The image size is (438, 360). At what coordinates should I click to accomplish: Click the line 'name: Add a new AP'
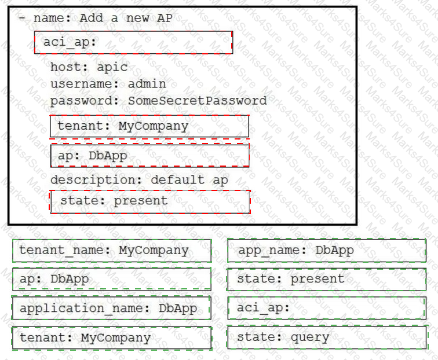click(103, 18)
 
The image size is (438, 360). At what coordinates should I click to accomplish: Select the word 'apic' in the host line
click(112, 67)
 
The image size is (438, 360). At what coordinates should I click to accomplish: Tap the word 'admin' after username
click(147, 84)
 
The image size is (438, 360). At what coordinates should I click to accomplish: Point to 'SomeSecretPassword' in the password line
click(197, 101)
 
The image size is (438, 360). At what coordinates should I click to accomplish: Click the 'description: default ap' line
click(139, 180)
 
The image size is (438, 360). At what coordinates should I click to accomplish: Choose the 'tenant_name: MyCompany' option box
click(112, 251)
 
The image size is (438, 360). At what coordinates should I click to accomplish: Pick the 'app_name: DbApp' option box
click(327, 251)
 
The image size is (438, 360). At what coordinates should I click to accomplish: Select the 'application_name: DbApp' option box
click(111, 308)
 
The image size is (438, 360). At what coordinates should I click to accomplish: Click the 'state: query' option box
click(327, 337)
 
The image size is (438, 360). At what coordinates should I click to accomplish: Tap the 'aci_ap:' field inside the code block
click(133, 42)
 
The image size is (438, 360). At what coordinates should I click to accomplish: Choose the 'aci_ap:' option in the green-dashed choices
click(327, 308)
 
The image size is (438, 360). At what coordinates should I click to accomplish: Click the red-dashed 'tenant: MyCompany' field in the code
click(149, 126)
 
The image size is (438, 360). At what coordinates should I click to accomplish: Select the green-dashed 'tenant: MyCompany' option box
click(112, 338)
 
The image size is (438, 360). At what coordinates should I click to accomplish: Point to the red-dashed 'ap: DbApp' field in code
click(149, 156)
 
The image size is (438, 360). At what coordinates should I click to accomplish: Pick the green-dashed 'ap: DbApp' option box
click(111, 279)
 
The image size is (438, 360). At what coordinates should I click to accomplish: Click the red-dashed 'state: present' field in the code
click(150, 202)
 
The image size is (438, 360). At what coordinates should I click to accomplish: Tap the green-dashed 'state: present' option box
click(327, 280)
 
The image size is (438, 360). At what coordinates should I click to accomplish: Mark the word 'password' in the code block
click(81, 101)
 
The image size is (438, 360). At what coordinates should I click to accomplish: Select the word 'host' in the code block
click(66, 67)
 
